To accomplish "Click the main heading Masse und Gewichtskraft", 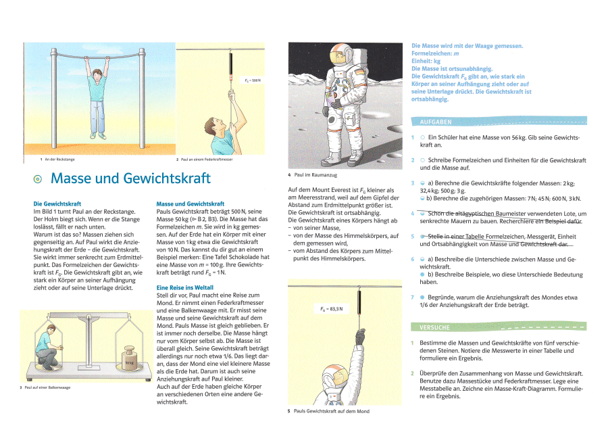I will tap(130, 178).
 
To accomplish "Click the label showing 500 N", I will tap(253, 81).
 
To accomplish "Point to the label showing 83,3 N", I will tap(332, 309).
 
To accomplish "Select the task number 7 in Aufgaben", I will tap(413, 297).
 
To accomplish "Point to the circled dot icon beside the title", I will tap(38, 179).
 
